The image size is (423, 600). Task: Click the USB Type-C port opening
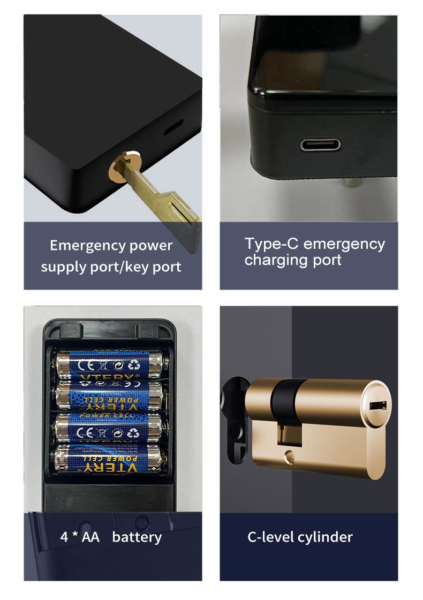click(319, 145)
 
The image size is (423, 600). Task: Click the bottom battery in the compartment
click(109, 459)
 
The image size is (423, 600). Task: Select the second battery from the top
click(109, 396)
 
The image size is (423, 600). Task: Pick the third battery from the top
click(109, 428)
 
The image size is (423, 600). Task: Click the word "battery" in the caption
click(137, 537)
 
